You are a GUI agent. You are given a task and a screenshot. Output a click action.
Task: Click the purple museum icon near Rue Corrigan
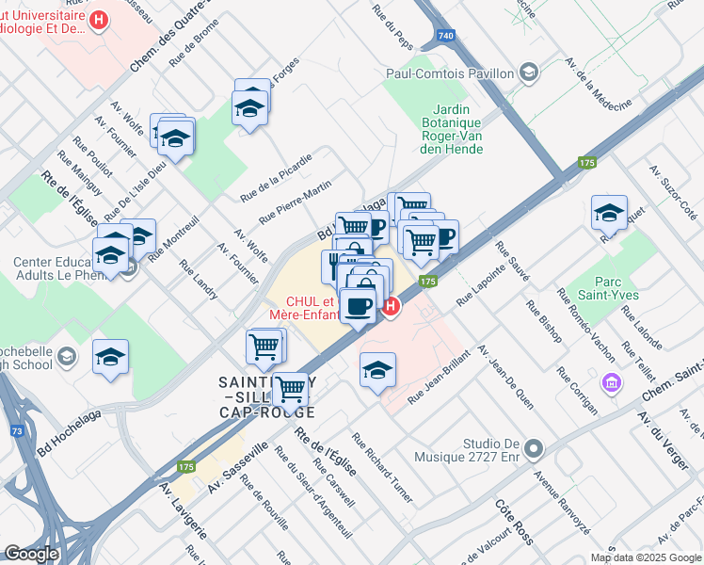[x=613, y=383]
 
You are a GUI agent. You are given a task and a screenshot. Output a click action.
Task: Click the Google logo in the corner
[x=32, y=554]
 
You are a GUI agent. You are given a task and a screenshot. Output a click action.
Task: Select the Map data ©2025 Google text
[x=647, y=557]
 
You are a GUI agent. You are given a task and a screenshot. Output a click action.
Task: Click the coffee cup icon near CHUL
[x=358, y=306]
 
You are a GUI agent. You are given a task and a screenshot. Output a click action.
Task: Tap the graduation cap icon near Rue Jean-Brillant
[x=377, y=369]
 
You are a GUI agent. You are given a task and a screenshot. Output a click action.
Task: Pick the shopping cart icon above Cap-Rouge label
[x=291, y=388]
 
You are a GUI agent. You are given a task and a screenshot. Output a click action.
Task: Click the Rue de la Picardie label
[x=275, y=177]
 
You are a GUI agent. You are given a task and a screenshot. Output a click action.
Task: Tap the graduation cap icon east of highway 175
[x=609, y=213]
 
